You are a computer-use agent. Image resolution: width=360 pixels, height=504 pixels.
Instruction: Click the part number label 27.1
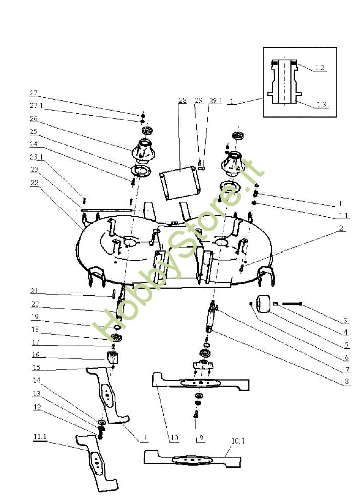pos(36,106)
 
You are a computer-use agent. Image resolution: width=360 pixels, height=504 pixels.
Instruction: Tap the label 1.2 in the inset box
pos(319,67)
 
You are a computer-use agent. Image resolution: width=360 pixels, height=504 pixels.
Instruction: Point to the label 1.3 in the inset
pos(321,104)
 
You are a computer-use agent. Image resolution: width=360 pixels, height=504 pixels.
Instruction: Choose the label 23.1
pos(36,157)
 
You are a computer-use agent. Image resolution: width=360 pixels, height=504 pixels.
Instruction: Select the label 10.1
pos(238,440)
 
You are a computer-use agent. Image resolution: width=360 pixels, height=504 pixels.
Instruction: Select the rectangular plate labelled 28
pos(181,178)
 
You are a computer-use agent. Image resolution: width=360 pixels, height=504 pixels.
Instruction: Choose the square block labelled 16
pos(113,358)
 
